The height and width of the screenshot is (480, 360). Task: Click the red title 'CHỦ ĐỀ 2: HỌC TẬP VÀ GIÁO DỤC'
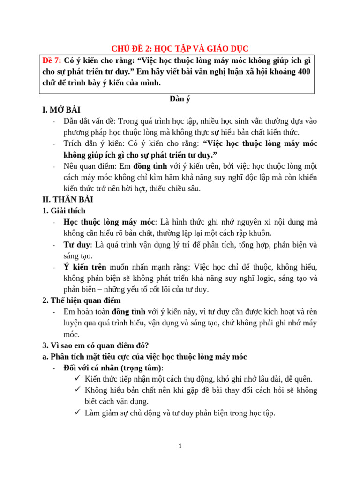click(180, 48)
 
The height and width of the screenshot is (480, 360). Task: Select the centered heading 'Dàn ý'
click(180, 99)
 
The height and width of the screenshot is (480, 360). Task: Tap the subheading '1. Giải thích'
click(64, 210)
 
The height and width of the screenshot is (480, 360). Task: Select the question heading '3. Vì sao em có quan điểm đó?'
click(96, 345)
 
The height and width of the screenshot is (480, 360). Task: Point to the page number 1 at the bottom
click(180, 447)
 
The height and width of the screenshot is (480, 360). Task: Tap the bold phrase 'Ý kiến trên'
click(85, 267)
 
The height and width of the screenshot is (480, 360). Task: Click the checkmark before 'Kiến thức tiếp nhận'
click(77, 379)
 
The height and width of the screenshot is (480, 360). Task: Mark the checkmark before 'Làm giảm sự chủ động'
click(77, 412)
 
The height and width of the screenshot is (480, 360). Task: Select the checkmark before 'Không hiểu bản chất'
click(77, 390)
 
